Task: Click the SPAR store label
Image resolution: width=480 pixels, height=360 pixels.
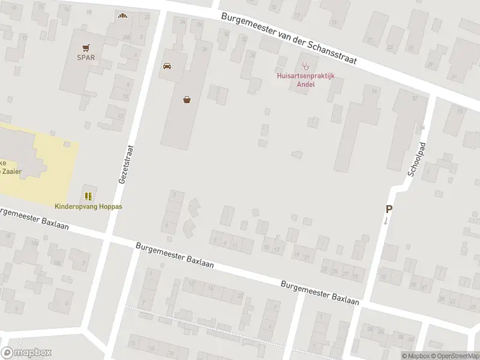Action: coord(86,58)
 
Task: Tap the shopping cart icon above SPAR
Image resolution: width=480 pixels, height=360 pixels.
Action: coord(86,47)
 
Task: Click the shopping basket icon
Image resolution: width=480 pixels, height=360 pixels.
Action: coord(188,100)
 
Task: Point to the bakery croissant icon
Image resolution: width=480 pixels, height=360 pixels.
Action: coord(124,16)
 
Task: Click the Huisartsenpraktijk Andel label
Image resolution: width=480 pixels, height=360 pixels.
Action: coord(305,80)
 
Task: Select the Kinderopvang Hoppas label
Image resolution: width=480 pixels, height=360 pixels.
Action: coord(88,206)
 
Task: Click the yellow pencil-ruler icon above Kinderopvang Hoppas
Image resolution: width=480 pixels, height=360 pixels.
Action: coord(88,196)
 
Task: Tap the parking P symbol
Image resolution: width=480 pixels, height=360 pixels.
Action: coord(389,209)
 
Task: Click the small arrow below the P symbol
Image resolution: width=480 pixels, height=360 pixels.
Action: coord(386,221)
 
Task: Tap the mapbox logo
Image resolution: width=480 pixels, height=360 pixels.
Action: coord(27,353)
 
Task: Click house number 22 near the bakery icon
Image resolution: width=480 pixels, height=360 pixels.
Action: coord(146,17)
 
